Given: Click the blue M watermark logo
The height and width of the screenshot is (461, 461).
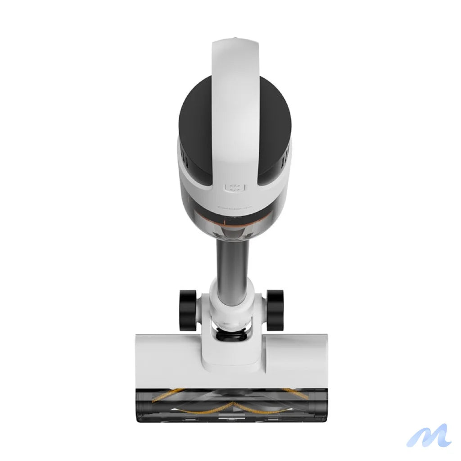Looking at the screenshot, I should [x=429, y=436].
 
